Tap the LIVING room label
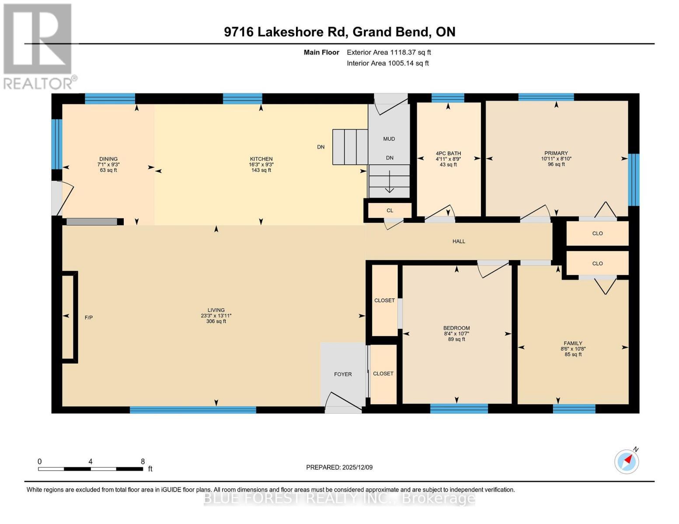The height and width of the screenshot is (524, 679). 216,310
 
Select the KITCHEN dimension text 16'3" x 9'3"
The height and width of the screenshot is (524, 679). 261,165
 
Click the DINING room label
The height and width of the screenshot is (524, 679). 108,159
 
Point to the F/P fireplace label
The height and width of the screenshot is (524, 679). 88,317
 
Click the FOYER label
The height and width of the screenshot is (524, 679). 343,374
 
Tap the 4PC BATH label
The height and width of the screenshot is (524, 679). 448,153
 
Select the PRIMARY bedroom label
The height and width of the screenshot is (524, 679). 556,153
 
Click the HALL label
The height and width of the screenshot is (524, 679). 459,241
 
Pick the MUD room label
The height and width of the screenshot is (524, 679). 389,139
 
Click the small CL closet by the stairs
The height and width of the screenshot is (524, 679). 390,210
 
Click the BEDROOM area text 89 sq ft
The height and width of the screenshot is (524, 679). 456,339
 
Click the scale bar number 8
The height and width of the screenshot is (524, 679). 143,461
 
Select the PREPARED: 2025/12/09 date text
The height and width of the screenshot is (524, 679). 339,467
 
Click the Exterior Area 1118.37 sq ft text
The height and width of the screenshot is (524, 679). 389,52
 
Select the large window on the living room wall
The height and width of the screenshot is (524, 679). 193,410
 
